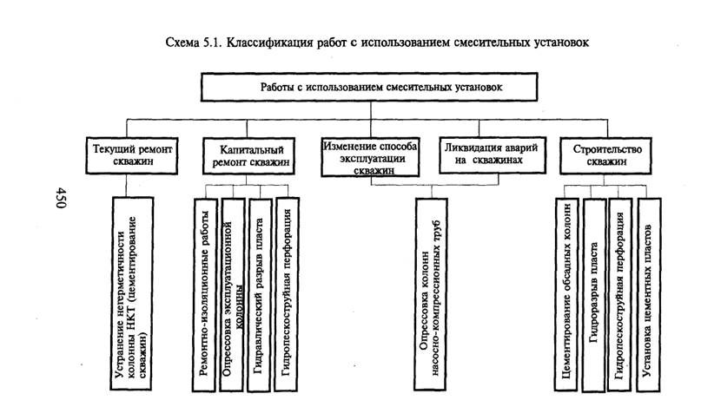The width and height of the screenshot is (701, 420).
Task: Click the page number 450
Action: coord(60,198)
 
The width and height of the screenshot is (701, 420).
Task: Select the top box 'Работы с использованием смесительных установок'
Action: coord(369,87)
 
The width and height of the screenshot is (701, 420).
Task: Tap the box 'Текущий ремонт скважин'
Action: coord(132,155)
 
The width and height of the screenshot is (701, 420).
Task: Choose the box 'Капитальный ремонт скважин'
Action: coord(249,155)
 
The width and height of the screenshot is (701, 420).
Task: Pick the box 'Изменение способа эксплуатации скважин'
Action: coord(370,157)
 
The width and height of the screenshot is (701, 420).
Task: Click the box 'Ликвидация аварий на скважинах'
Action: coord(493,155)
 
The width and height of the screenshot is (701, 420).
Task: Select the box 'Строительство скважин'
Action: coord(605,155)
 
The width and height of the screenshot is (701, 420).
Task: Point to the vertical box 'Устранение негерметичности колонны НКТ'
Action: coord(132,294)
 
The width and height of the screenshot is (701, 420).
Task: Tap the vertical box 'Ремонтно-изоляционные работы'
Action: coord(205,295)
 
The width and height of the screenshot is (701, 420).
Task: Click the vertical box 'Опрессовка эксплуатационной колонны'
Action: coord(233,295)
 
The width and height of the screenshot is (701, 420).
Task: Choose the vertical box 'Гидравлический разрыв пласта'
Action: coord(260,295)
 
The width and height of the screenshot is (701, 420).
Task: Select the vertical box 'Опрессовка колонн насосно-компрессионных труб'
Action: coord(431,294)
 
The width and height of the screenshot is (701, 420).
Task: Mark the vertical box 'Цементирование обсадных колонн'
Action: coord(566,295)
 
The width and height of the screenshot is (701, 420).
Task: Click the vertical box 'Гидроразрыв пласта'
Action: coord(594,295)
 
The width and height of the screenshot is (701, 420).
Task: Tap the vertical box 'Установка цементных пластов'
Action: coord(649,295)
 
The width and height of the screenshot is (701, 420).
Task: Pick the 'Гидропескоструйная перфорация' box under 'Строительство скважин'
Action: coord(620,295)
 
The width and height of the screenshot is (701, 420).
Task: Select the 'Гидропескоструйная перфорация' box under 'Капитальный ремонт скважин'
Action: coord(288,295)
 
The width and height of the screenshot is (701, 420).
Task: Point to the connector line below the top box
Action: coord(371,110)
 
